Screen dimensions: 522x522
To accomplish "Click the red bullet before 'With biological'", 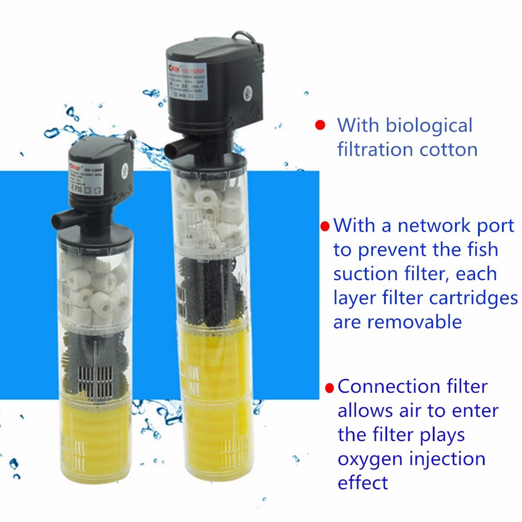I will (320, 125).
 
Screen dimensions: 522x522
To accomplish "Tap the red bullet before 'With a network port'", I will (325, 226).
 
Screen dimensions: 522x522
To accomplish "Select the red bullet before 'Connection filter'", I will (330, 387).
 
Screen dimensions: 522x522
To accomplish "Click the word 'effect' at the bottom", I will (363, 483).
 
